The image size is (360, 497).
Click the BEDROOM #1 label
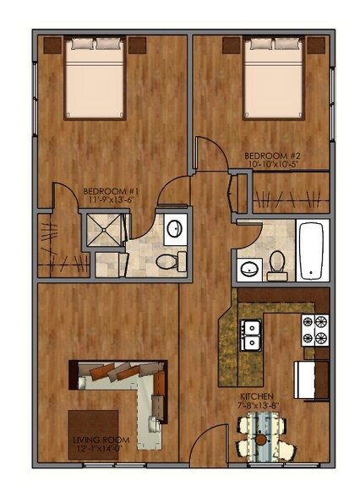[106, 191]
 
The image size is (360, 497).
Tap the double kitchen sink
[250, 335]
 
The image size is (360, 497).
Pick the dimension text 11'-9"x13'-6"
[106, 200]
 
